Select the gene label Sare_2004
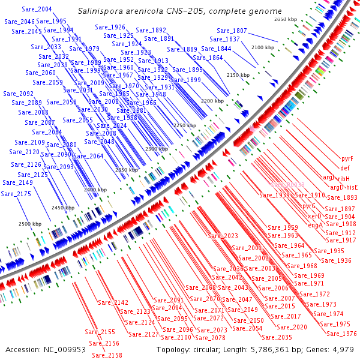coord(36,10)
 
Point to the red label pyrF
coord(347,158)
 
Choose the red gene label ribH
coord(343,179)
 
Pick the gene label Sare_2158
coord(107,355)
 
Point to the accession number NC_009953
coord(62,349)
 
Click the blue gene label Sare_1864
coord(208,58)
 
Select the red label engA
coord(316,224)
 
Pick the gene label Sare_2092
coord(18,94)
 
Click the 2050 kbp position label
coord(286,20)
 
